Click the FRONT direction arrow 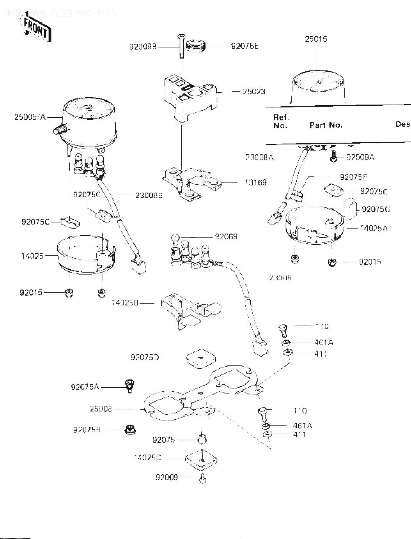point(35,29)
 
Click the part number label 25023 point(254,92)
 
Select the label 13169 point(256,183)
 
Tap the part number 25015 point(316,39)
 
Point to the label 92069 point(226,237)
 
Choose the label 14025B point(125,303)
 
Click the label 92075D point(145,358)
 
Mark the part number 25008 point(101,409)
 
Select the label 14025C point(147,458)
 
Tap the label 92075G point(376,209)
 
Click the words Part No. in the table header point(326,125)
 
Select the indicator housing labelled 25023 point(190,97)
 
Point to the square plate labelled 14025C point(202,460)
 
